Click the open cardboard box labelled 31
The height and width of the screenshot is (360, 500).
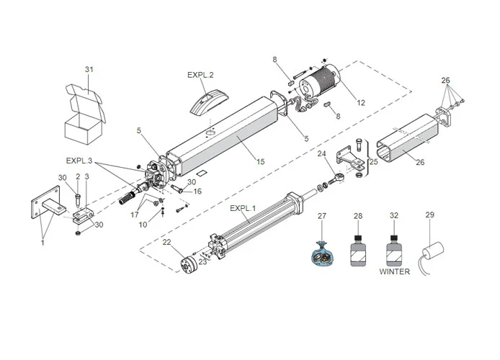[84, 114]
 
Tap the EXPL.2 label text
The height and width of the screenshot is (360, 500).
[200, 75]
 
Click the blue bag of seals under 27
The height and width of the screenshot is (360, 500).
[322, 254]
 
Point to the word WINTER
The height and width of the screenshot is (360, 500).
[394, 271]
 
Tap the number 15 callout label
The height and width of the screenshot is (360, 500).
[261, 162]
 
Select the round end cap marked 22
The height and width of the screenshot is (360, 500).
[189, 265]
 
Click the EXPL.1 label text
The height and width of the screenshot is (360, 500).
[243, 208]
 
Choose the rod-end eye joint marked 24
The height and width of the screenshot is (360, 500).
[336, 179]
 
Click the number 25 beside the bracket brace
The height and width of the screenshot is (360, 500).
[373, 161]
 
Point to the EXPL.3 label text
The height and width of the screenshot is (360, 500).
[79, 161]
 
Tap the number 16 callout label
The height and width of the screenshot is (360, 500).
[197, 191]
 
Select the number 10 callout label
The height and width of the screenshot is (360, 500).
[143, 225]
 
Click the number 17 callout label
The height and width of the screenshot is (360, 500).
[134, 215]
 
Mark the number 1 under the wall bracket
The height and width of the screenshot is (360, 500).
[43, 243]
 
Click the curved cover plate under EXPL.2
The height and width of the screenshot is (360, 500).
[210, 102]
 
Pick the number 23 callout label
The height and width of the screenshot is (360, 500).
[202, 262]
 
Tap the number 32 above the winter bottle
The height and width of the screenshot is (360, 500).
[394, 216]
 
